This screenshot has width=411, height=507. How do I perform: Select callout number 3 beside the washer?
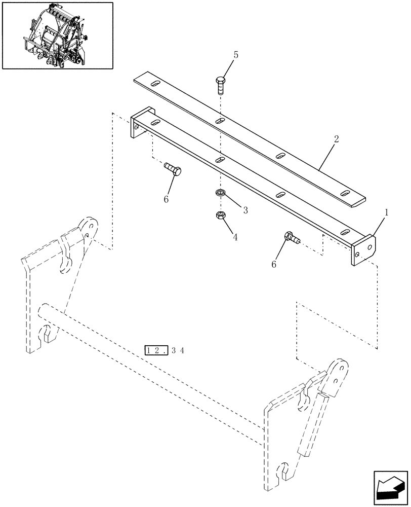coord(245,210)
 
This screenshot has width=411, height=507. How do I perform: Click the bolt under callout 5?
coord(221,85)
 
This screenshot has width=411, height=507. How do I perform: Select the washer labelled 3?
coord(220,193)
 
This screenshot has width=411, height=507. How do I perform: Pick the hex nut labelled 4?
coord(220,215)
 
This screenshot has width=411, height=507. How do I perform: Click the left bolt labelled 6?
coord(172,169)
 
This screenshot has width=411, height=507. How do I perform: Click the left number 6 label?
coord(166,200)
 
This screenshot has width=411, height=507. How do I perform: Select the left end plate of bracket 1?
coord(136,125)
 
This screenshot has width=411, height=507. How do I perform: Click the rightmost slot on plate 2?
coord(345,193)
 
